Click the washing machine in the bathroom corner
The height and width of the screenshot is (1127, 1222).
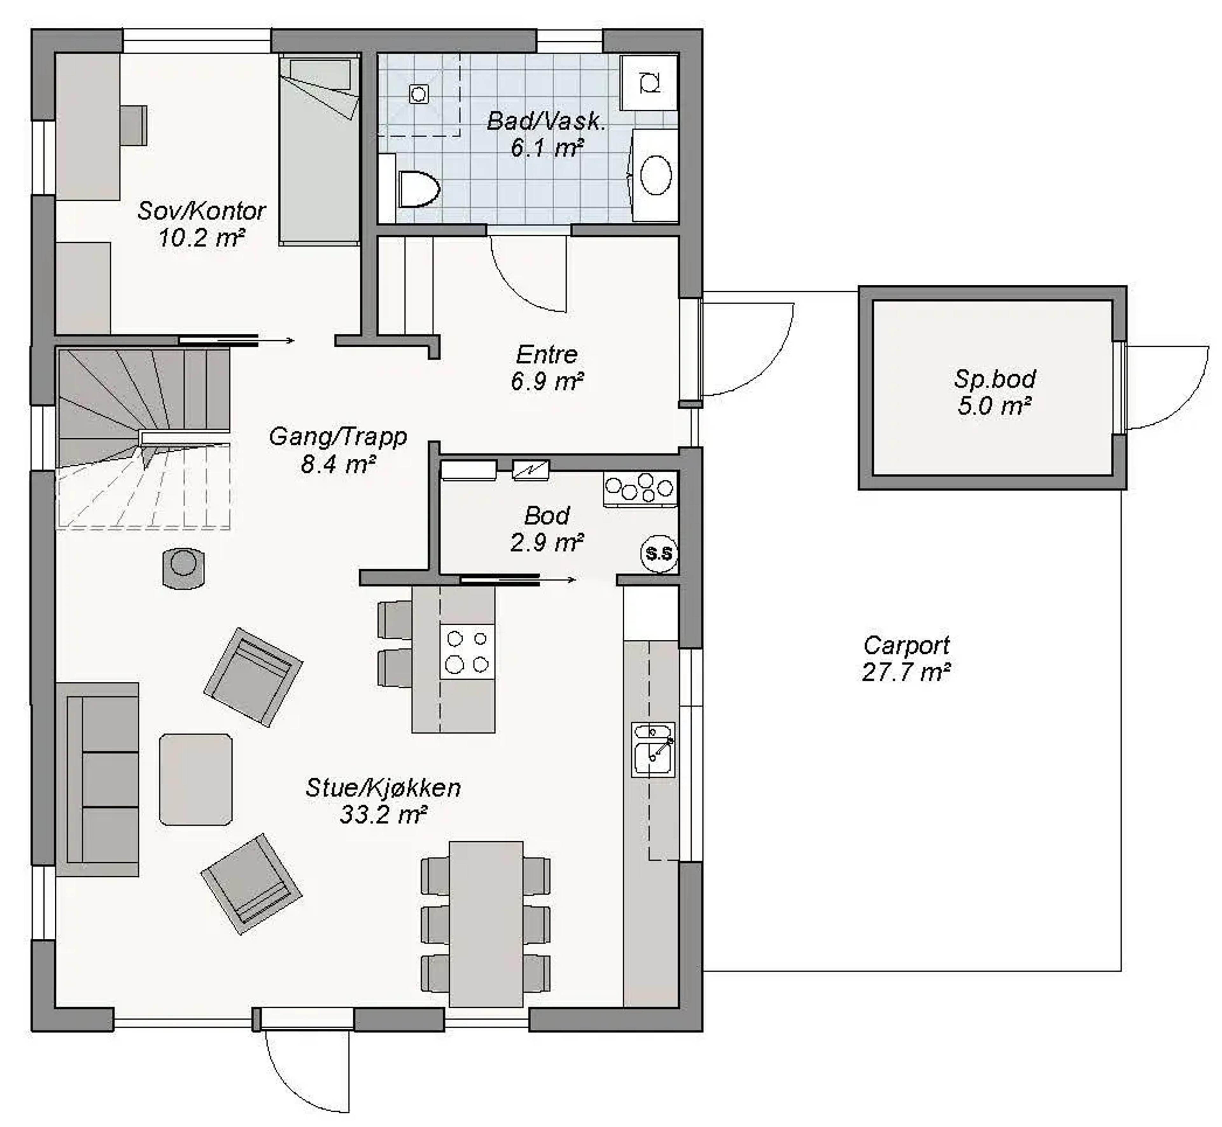pyautogui.click(x=649, y=82)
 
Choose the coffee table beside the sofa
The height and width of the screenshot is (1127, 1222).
pyautogui.click(x=196, y=779)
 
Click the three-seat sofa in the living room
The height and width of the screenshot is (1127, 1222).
pyautogui.click(x=98, y=779)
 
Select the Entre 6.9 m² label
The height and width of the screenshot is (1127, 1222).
pyautogui.click(x=547, y=368)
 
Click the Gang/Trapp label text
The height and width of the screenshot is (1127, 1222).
pyautogui.click(x=338, y=437)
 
